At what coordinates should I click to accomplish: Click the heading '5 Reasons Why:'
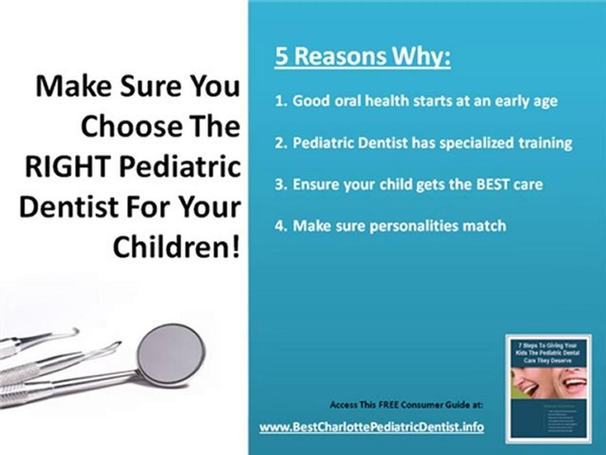(x=362, y=56)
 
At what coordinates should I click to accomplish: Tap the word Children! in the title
(x=176, y=247)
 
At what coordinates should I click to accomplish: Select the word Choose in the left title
(x=125, y=126)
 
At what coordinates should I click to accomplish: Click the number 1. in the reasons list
(x=281, y=102)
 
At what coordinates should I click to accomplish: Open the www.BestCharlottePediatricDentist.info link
(x=372, y=428)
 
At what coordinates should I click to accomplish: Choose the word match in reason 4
(x=486, y=226)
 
